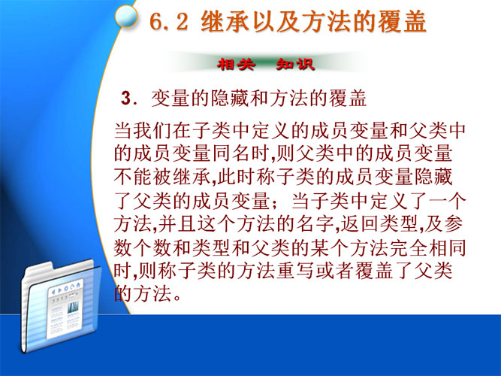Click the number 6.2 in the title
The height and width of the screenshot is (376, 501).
coord(168,22)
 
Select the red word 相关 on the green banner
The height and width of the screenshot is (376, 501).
coord(236,65)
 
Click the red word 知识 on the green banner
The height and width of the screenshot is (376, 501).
coord(295,65)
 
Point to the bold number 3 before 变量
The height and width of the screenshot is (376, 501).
coord(125,98)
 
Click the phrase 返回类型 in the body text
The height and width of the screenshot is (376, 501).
coord(379,223)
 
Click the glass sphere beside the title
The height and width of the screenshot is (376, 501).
coord(126,16)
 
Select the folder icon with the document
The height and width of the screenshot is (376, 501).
coord(61,305)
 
